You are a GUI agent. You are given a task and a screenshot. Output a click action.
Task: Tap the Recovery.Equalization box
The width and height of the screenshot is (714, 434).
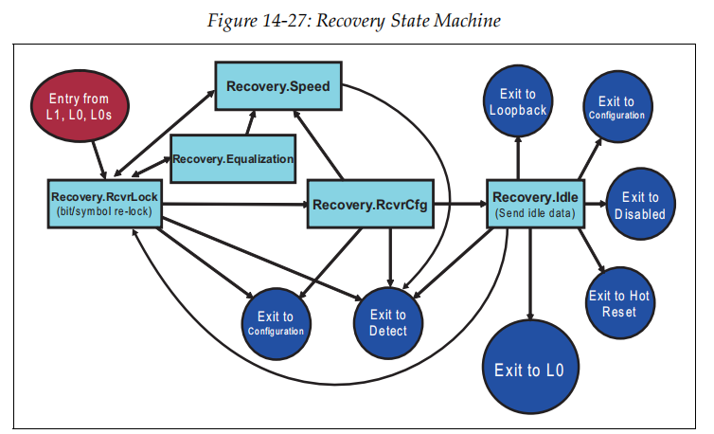pos(233,157)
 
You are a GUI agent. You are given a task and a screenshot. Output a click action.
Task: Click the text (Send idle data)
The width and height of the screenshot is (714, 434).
pos(535,213)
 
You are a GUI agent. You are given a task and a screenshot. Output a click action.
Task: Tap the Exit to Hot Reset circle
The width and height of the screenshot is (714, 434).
pos(619,303)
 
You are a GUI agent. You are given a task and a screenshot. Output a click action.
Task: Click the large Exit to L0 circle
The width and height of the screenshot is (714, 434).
pos(529,369)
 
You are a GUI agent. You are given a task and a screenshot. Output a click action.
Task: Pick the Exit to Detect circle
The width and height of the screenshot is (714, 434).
pos(387,322)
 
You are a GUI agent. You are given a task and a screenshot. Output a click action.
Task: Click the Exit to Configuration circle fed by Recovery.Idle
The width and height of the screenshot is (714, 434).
pos(616,107)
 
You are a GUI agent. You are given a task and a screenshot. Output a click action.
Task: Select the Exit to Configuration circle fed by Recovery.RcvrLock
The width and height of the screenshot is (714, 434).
pos(276,322)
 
